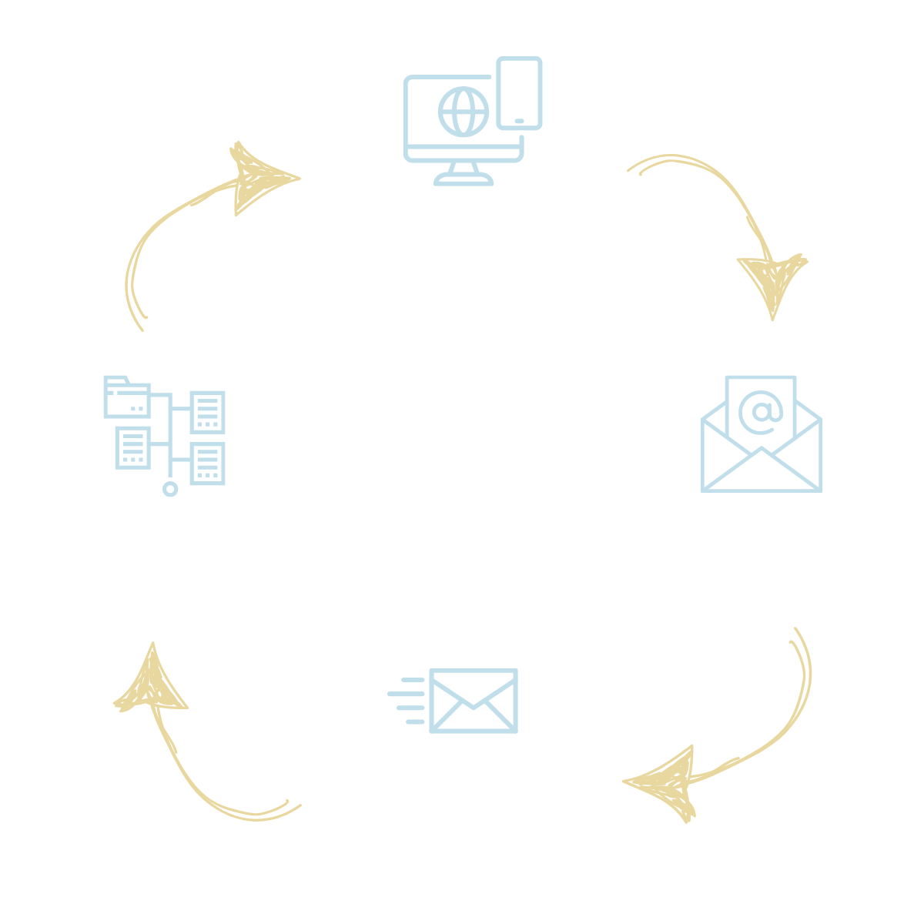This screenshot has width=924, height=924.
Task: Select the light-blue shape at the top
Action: [616, 115]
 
